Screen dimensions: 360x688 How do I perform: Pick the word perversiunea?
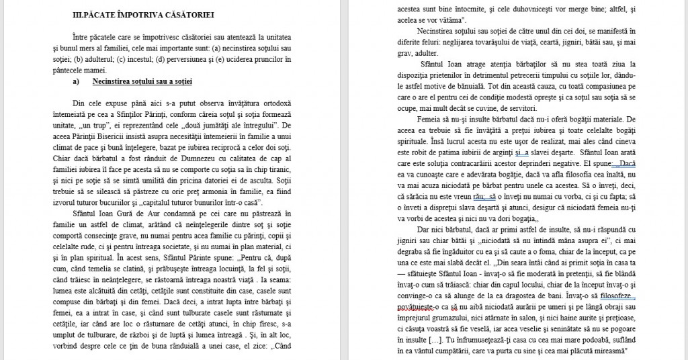tap(253, 60)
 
